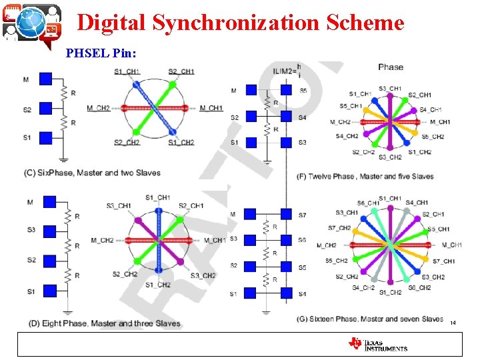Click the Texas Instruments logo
pyautogui.click(x=377, y=344)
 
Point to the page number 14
pyautogui.click(x=453, y=323)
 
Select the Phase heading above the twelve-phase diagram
pyautogui.click(x=390, y=67)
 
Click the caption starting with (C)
pyautogui.click(x=92, y=173)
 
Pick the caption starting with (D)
pyautogui.click(x=104, y=323)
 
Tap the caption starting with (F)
pyautogui.click(x=365, y=177)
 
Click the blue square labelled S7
pyautogui.click(x=286, y=215)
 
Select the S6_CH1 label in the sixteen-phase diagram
pyautogui.click(x=369, y=203)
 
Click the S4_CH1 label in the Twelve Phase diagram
pyautogui.click(x=431, y=110)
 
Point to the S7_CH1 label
pyautogui.click(x=444, y=261)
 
